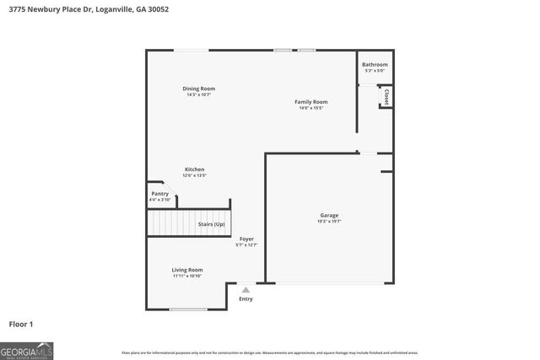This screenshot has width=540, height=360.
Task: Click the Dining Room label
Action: pos(199,89)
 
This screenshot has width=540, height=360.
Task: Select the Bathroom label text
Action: pos(375,65)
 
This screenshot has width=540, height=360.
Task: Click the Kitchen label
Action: pos(194,169)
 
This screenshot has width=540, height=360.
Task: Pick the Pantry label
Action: pos(159,194)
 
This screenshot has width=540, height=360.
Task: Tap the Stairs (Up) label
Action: pos(211,224)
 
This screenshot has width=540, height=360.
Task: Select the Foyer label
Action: pos(246,239)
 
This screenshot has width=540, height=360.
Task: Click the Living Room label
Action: pos(187,270)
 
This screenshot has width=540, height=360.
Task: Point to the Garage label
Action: pos(329,215)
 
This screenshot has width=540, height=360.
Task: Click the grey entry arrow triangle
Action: pos(246,289)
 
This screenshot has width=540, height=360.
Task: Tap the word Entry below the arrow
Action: pos(246,298)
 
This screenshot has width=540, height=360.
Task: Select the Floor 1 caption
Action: pos(21,323)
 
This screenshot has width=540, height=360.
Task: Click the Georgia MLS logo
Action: pos(27,350)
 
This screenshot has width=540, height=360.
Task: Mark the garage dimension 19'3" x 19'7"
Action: pos(329,222)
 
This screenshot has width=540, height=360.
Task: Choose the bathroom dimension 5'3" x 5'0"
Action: pos(375,71)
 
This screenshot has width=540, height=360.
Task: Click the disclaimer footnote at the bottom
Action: pos(269,352)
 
